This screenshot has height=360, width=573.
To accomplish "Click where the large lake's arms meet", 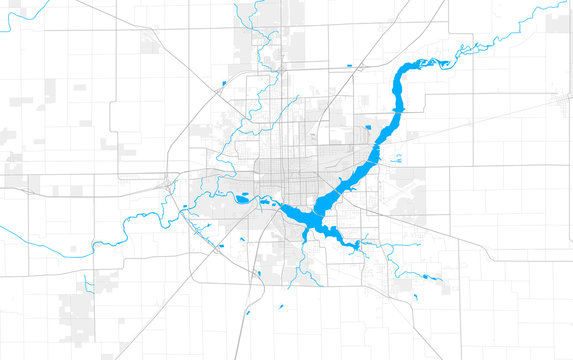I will (315, 215).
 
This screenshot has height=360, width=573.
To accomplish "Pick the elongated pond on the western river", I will (243, 197).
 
